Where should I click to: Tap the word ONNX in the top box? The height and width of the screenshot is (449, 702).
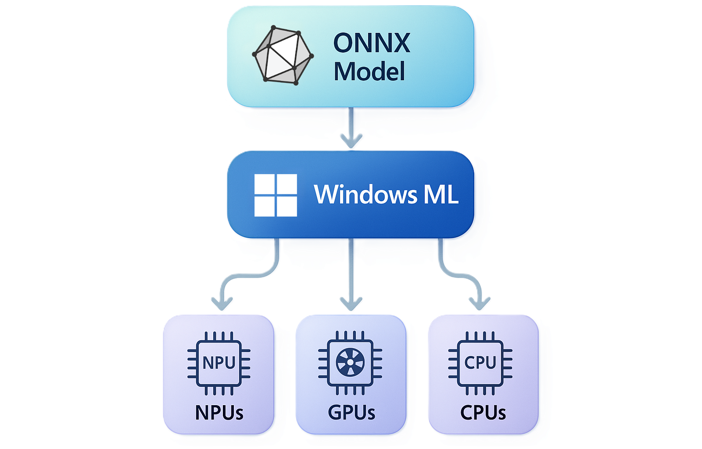[x=372, y=43]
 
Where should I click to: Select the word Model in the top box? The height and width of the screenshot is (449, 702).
[x=369, y=72]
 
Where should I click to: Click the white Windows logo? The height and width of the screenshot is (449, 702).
[x=276, y=195]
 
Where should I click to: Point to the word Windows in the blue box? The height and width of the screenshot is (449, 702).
[x=365, y=194]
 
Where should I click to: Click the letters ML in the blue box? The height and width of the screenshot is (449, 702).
[x=441, y=194]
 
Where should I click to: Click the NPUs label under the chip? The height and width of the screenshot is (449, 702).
[x=219, y=413]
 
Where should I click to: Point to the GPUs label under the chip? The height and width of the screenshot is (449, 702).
[x=351, y=413]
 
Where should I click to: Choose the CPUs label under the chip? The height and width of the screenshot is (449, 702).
[x=483, y=413]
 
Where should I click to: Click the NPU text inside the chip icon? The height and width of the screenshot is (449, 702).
[x=219, y=363]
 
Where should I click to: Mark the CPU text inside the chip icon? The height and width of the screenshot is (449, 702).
[x=480, y=363]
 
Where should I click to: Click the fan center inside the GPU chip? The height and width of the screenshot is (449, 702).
[x=350, y=363]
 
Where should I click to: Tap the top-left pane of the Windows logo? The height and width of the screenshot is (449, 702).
[x=265, y=184]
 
